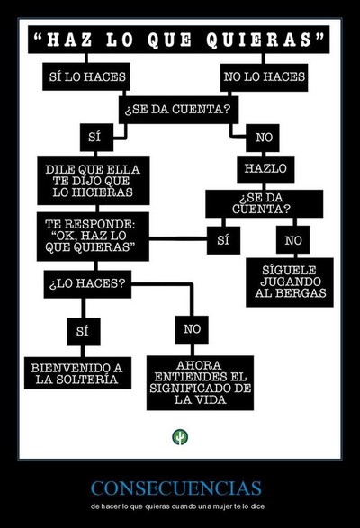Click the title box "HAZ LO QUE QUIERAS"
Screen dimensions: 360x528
[x=179, y=40]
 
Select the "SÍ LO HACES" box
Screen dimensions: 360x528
[x=86, y=76]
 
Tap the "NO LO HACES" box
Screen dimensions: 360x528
[x=264, y=77]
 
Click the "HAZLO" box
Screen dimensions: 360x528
[x=265, y=169]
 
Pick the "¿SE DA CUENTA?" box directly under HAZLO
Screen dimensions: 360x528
[x=265, y=203]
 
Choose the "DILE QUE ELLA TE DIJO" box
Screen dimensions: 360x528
[x=94, y=180]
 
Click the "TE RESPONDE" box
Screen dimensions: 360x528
[x=93, y=237]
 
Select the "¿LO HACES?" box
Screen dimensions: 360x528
[x=87, y=284]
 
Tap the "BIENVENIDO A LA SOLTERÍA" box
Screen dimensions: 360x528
[x=77, y=373]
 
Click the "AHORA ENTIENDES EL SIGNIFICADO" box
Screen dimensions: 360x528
[x=200, y=382]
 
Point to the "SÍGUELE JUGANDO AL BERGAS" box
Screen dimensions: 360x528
[x=290, y=282]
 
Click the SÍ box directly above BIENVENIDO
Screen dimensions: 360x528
[x=84, y=331]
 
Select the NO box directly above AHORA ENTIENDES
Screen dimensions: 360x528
[x=192, y=330]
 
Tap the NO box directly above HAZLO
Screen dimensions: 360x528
[x=263, y=138]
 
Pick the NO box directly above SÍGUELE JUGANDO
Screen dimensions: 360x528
[x=292, y=240]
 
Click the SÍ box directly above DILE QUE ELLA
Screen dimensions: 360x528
[x=96, y=138]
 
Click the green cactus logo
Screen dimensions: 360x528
[x=180, y=437]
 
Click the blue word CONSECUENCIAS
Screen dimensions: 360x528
[x=176, y=488]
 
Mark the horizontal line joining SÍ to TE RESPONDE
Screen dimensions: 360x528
[x=178, y=238]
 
